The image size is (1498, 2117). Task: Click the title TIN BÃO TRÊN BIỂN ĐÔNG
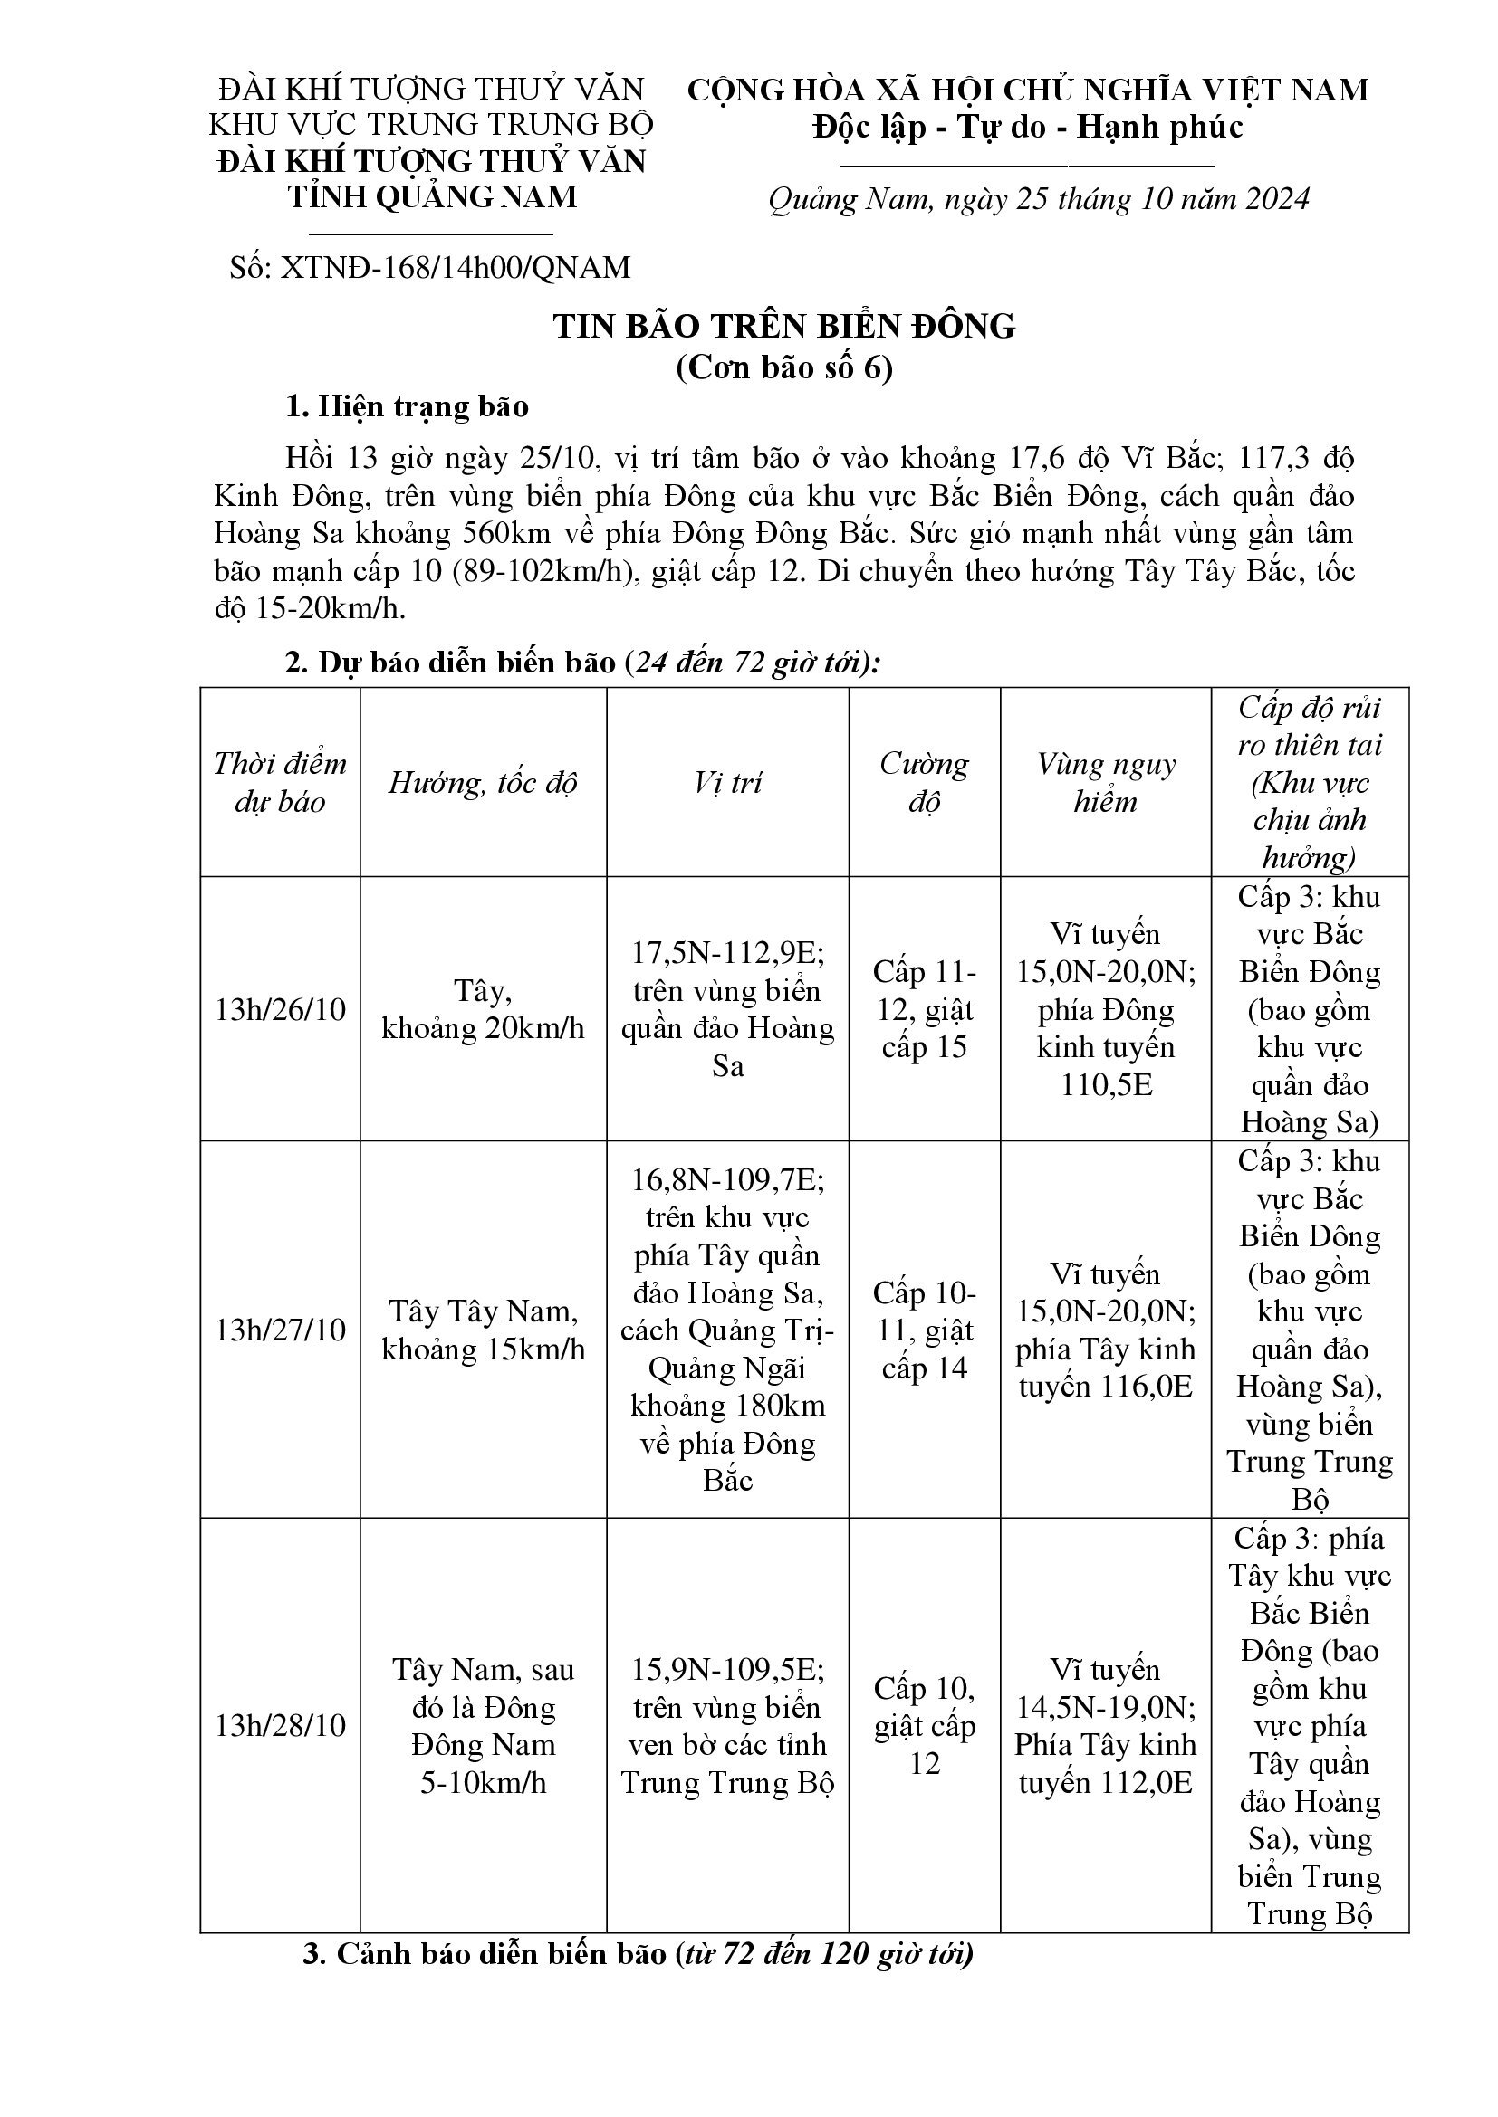tap(784, 327)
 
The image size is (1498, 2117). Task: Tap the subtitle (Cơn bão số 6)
tap(784, 367)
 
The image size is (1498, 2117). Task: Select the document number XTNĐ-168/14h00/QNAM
tap(431, 267)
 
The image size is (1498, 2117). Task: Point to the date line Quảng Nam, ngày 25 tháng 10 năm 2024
tap(1039, 199)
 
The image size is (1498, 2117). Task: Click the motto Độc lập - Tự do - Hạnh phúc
tap(1028, 128)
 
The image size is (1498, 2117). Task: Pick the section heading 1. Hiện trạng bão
tap(407, 406)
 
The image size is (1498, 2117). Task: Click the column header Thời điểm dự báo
tap(280, 782)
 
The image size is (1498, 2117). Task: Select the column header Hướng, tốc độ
tap(483, 783)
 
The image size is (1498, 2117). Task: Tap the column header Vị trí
tap(727, 783)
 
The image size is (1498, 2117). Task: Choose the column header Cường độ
tap(925, 782)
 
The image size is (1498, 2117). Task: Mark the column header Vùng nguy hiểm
tap(1105, 782)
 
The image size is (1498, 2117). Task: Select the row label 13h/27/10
tap(280, 1330)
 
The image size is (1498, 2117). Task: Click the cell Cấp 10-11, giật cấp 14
tap(925, 1330)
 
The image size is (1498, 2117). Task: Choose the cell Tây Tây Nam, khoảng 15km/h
tap(483, 1330)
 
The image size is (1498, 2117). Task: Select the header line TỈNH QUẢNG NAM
tap(432, 196)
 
